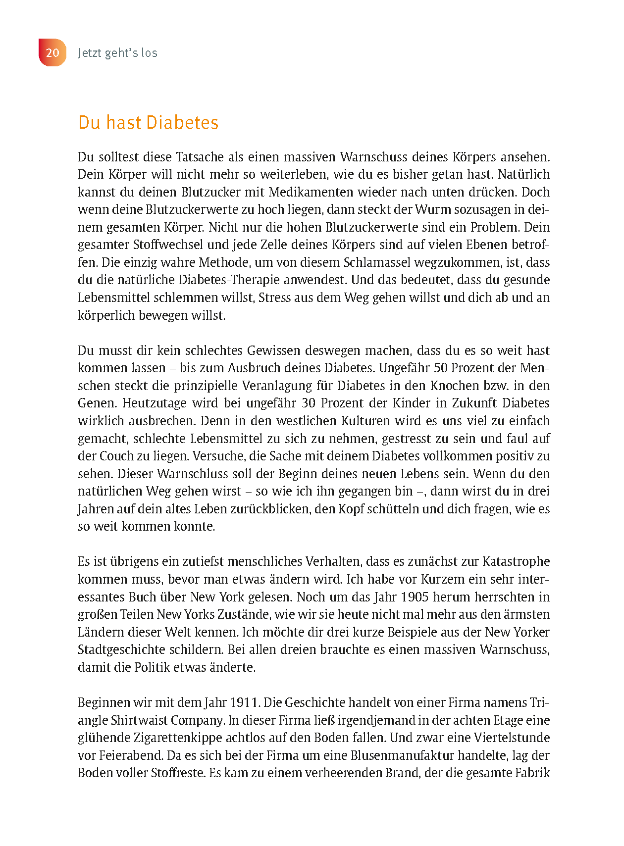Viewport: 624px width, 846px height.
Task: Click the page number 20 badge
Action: (52, 52)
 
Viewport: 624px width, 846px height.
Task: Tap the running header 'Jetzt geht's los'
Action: (117, 53)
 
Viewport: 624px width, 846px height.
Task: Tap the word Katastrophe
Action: (516, 561)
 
